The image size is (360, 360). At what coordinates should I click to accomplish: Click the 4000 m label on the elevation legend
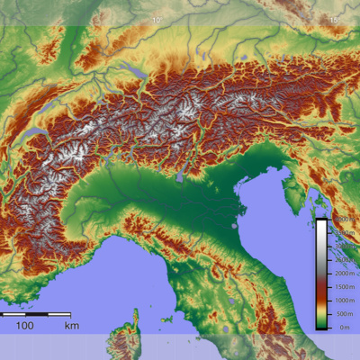tap(343, 219)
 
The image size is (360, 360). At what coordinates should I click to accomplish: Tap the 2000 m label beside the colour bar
tap(343, 272)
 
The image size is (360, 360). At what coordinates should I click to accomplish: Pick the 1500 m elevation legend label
tap(343, 285)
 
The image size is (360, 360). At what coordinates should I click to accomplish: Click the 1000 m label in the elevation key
tap(343, 300)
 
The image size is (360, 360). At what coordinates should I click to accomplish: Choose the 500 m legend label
tap(343, 313)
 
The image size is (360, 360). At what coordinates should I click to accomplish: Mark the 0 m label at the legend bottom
tap(343, 328)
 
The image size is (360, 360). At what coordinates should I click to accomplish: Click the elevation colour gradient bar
tap(321, 274)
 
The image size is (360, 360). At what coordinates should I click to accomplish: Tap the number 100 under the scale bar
tap(24, 325)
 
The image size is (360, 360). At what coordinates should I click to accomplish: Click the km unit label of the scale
tap(71, 325)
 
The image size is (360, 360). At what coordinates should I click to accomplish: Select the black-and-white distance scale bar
tap(36, 314)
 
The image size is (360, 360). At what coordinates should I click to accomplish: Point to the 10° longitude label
tap(158, 19)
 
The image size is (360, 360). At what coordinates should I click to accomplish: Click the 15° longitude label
tap(334, 19)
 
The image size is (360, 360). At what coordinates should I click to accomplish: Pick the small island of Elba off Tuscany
tap(166, 319)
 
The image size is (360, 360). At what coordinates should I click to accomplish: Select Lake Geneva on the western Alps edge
tap(38, 135)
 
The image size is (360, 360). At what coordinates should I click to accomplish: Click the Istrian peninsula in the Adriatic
tap(292, 189)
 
